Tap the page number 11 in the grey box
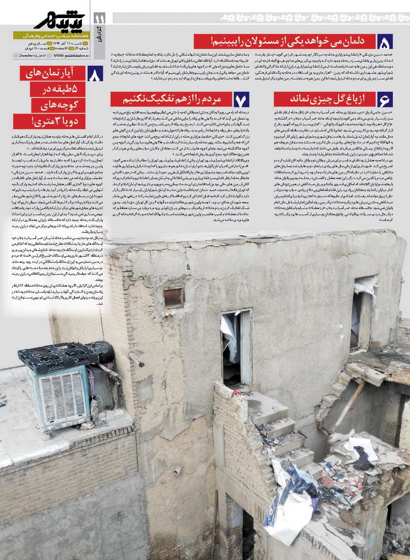pyautogui.click(x=102, y=17)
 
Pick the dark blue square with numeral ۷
pyautogui.click(x=242, y=99)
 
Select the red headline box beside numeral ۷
pyautogui.click(x=171, y=99)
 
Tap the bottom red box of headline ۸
pyautogui.click(x=49, y=121)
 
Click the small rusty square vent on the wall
pyautogui.click(x=174, y=297)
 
